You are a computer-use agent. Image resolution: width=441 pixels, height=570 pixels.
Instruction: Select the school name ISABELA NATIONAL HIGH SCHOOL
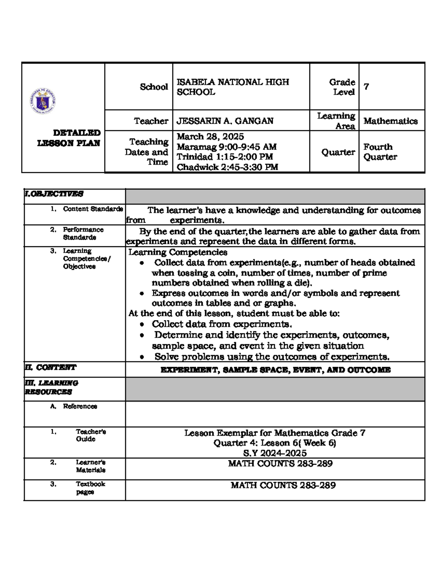(x=233, y=87)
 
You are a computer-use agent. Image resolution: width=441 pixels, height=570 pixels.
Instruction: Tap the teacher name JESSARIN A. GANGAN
(x=225, y=121)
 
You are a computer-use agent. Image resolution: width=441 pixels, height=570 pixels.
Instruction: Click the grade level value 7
(x=366, y=87)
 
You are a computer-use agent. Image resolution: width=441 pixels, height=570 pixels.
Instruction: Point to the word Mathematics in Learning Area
(x=390, y=121)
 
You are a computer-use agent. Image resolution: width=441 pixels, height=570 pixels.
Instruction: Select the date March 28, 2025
(x=210, y=137)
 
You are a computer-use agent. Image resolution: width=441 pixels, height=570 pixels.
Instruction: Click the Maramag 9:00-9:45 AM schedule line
(x=226, y=147)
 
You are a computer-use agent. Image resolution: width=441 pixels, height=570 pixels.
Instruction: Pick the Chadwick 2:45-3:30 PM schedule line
(x=227, y=167)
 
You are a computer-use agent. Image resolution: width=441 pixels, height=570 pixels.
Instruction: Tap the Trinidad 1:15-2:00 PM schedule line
(x=225, y=157)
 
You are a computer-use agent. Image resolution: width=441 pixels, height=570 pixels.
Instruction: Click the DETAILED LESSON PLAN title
(x=69, y=138)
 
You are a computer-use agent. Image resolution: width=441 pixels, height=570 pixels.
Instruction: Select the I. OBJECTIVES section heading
(x=54, y=194)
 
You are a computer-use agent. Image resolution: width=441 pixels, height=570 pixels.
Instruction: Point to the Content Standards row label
(x=93, y=209)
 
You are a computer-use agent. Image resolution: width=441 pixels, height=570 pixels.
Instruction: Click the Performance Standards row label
(x=83, y=233)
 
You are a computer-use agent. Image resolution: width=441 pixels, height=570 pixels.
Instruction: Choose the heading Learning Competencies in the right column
(x=178, y=252)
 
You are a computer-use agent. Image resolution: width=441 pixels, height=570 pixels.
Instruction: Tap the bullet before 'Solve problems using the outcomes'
(x=142, y=357)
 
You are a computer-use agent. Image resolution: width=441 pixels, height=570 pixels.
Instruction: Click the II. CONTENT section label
(x=50, y=367)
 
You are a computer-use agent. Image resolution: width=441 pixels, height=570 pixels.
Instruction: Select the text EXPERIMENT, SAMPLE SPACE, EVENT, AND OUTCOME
(x=275, y=370)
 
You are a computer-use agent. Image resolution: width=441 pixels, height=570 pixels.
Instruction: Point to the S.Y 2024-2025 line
(x=275, y=453)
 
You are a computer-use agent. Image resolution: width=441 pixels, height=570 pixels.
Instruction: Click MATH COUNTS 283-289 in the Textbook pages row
(x=283, y=485)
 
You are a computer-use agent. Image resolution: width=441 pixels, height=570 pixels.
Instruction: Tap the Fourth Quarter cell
(x=380, y=152)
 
